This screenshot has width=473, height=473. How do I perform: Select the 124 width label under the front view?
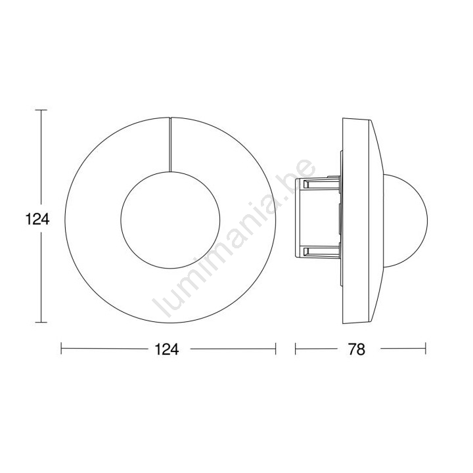click(167, 349)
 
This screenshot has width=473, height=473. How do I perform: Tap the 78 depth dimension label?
click(357, 349)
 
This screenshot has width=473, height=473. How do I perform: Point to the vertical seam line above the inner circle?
click(170, 145)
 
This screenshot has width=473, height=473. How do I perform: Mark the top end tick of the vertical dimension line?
click(41, 110)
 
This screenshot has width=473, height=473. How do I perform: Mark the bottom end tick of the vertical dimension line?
click(41, 323)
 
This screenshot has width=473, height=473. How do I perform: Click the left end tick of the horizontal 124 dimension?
click(61, 348)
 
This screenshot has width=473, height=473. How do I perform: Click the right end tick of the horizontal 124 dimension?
click(276, 348)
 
